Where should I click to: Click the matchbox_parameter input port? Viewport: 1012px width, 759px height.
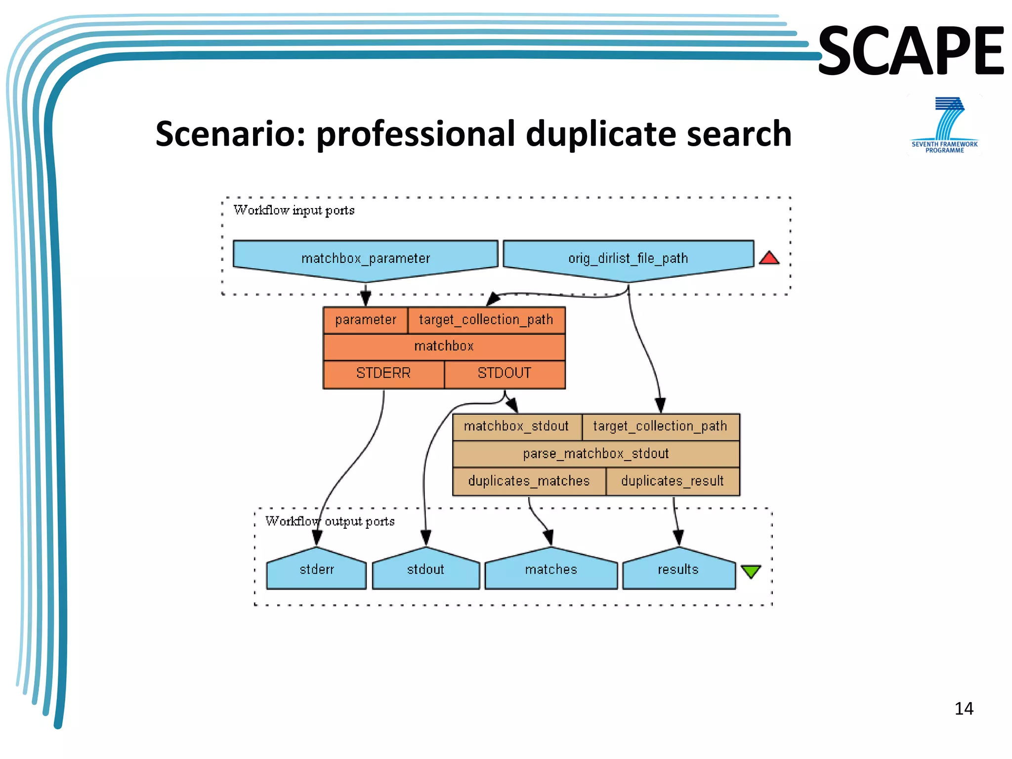[x=365, y=258]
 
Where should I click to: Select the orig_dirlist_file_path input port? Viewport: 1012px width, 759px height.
[x=628, y=258]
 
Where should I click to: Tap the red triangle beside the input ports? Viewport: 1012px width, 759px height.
[x=769, y=258]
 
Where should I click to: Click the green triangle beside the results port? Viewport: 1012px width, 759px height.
[x=751, y=571]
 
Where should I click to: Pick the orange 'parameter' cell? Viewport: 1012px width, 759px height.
[x=366, y=320]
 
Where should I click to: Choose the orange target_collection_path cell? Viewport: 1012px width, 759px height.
[x=486, y=320]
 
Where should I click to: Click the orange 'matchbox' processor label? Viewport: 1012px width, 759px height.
[x=444, y=346]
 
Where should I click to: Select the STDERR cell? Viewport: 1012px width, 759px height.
[x=383, y=373]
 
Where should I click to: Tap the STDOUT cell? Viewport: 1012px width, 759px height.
[x=505, y=373]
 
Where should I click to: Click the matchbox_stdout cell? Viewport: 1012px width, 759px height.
[x=516, y=426]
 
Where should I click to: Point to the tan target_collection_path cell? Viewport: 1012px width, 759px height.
[x=660, y=426]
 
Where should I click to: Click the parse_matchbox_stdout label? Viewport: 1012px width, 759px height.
[x=596, y=453]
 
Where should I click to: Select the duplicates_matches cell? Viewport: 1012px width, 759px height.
[x=529, y=481]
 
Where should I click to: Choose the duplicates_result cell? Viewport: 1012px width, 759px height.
[x=673, y=481]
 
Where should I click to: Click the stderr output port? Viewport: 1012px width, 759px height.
[x=317, y=570]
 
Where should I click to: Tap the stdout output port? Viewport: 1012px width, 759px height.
[x=426, y=570]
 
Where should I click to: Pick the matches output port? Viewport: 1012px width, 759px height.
[x=551, y=570]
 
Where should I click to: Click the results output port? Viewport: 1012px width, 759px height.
[x=678, y=570]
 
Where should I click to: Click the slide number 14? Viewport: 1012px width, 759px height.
[x=964, y=709]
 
